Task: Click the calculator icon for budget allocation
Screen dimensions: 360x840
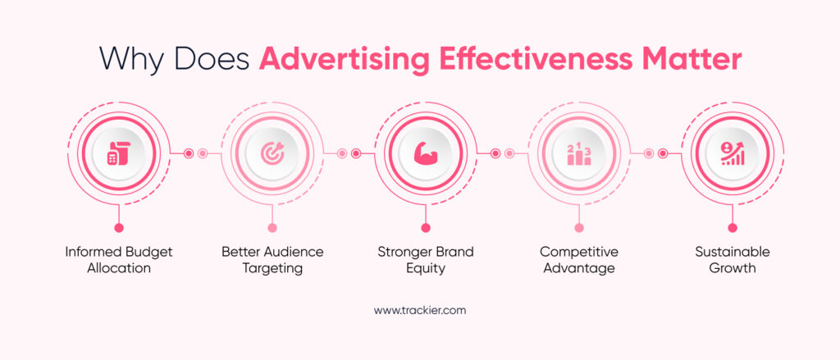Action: pos(118,153)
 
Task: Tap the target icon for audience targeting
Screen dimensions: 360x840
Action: pos(272,153)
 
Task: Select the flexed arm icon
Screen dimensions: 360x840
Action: pos(425,153)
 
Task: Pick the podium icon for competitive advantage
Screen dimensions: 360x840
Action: pos(579,153)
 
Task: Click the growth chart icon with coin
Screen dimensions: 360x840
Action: pos(732,153)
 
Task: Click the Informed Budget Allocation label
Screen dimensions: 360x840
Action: pos(119,260)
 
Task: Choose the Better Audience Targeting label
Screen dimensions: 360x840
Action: pos(272,260)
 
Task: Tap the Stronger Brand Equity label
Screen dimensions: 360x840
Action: pos(426,260)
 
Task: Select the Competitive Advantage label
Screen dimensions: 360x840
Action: pos(579,260)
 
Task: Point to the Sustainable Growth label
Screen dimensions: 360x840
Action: pos(733,260)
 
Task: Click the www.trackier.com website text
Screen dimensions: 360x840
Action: pos(420,311)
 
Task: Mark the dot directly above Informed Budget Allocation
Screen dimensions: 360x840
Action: pos(119,227)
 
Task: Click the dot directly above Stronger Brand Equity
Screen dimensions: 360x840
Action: pos(426,227)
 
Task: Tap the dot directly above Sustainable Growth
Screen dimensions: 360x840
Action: pos(733,227)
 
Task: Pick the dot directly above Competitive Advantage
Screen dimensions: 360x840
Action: pos(579,227)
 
